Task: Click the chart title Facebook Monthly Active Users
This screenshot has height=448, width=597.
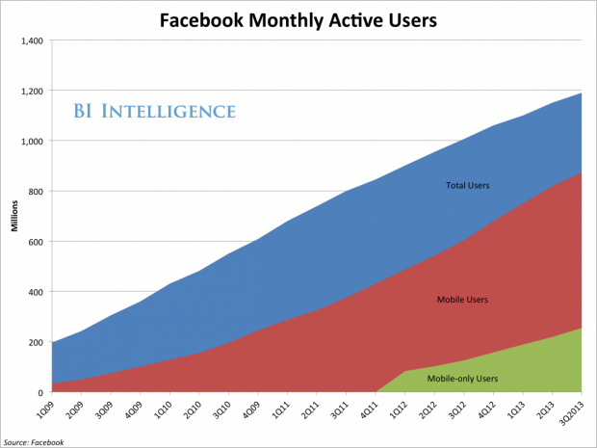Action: coord(298,17)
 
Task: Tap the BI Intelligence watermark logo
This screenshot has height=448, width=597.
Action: coord(154,111)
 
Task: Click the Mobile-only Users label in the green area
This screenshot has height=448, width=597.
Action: coord(461,378)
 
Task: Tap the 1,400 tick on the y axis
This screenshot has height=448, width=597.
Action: coord(31,40)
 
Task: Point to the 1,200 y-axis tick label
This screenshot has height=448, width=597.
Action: coord(31,91)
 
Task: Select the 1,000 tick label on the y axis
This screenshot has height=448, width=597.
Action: coord(31,141)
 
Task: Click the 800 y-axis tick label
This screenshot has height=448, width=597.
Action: coord(35,191)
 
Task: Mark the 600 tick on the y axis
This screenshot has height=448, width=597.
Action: coord(35,241)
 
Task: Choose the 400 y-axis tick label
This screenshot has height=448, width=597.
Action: coord(35,292)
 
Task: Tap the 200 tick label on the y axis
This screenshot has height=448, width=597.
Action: coord(35,342)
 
